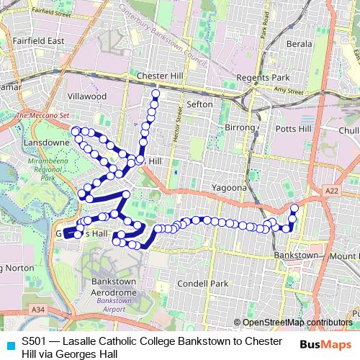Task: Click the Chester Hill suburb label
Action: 157,76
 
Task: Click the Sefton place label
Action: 199,104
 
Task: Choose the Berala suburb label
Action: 300,44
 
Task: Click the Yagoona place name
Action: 229,187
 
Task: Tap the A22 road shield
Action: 331,190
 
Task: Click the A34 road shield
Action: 40,309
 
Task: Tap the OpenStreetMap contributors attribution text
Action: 297,323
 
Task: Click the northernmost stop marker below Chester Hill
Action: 156,94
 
